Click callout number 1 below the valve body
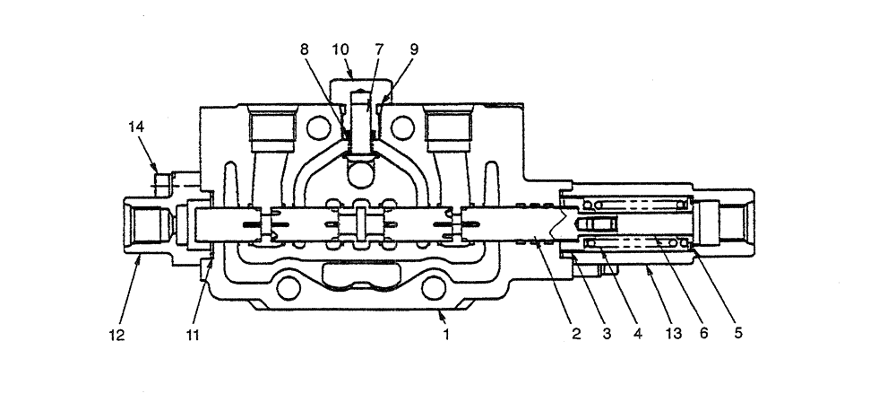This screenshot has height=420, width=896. (x=445, y=335)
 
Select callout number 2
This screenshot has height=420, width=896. (x=576, y=335)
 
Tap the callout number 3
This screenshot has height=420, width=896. (x=608, y=335)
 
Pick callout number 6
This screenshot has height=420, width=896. (x=703, y=335)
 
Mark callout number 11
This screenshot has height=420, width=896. (x=193, y=336)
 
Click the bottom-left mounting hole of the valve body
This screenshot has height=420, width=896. (x=289, y=289)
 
